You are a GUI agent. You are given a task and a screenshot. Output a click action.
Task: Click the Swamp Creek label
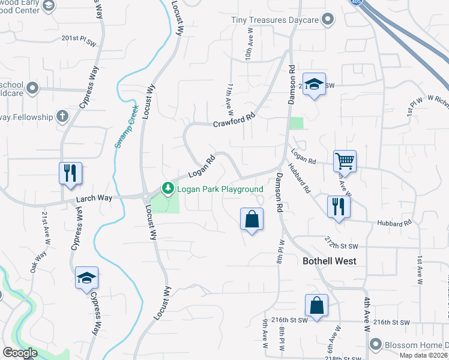coord(125,127)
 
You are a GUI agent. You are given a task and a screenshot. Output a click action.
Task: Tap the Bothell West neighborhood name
coord(329,261)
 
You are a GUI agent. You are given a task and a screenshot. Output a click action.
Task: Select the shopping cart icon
coord(345,160)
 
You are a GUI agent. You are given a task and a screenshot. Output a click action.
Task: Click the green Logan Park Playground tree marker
coord(169,189)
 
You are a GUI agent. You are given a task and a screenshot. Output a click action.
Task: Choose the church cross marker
coord(62,116)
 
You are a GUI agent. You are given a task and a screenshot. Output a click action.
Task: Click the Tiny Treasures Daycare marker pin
coord(328,20)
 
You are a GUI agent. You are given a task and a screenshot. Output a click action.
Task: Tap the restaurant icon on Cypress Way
coord(70,173)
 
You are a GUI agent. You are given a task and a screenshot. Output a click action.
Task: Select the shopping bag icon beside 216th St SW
coord(316,305)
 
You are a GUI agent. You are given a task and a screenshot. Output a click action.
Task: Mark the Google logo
coord(20,352)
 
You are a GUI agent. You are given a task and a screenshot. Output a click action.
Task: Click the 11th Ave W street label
coord(229,99)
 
